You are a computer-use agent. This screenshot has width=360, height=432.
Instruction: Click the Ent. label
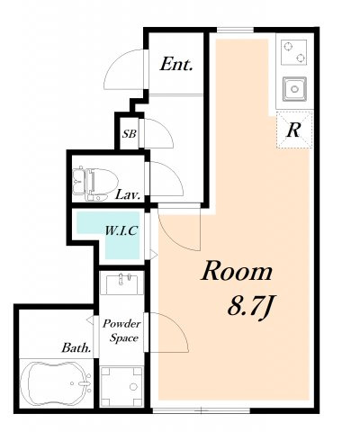click(x=176, y=65)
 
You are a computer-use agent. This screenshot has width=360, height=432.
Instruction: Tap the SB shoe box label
click(x=130, y=133)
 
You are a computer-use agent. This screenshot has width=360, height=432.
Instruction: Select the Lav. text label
click(x=128, y=195)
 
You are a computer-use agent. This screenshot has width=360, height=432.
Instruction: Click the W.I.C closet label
click(x=121, y=230)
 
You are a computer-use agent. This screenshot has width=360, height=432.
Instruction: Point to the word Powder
click(x=121, y=324)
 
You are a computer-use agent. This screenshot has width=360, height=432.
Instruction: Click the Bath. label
click(x=76, y=348)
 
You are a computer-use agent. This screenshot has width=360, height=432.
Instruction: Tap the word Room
click(x=237, y=271)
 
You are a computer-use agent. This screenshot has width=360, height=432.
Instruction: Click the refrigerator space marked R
click(x=294, y=130)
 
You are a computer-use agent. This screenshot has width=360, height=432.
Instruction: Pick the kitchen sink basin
click(x=294, y=89)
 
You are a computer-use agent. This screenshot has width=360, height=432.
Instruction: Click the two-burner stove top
click(x=294, y=52)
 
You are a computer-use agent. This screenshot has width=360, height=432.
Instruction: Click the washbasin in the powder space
click(x=121, y=283)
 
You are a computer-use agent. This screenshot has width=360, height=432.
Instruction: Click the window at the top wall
click(x=235, y=30)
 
